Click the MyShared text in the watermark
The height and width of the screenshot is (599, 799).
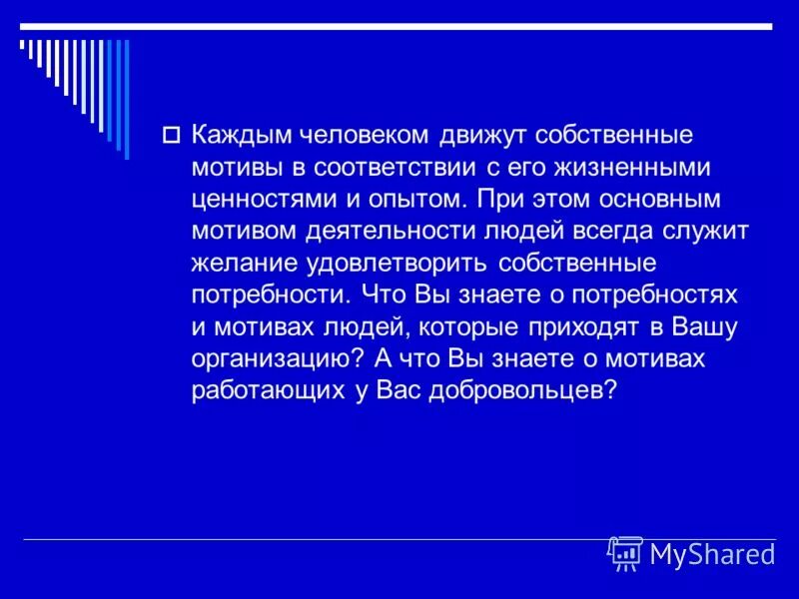click(x=712, y=554)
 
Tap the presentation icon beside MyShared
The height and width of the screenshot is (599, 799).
click(x=625, y=552)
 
